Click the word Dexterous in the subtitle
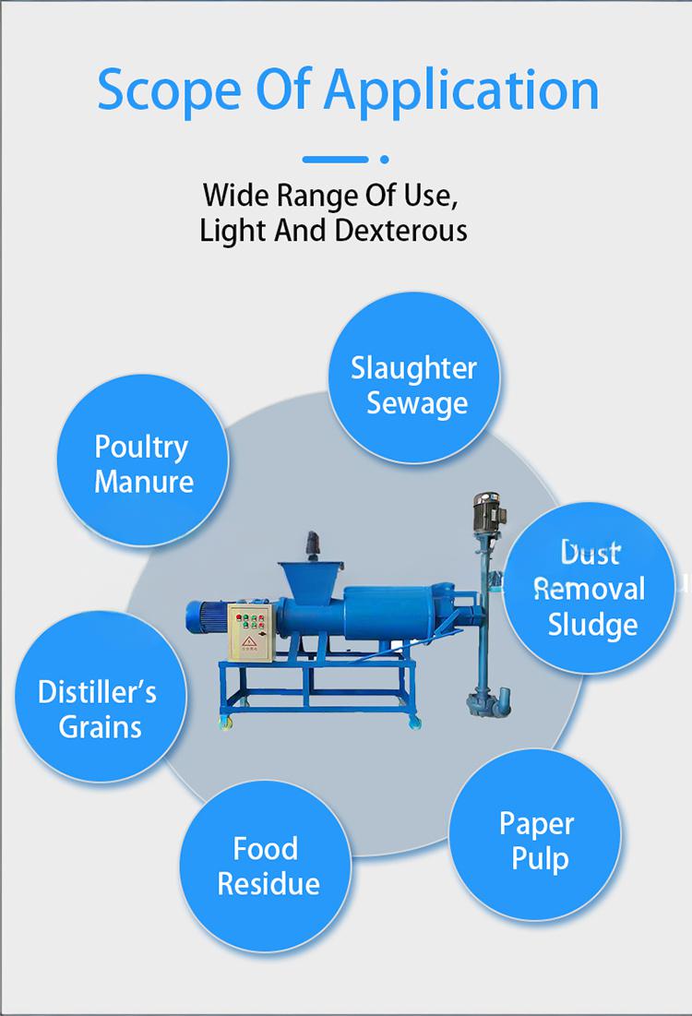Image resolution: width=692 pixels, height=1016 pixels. [400, 230]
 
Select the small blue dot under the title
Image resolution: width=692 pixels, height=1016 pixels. [384, 159]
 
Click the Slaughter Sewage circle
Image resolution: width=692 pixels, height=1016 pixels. [414, 377]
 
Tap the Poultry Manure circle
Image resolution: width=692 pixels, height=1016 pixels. [143, 460]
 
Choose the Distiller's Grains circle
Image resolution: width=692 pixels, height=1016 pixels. [101, 697]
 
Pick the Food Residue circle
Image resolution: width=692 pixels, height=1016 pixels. [266, 867]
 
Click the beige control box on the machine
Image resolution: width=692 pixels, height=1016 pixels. [251, 632]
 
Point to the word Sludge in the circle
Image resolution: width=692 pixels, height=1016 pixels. [593, 625]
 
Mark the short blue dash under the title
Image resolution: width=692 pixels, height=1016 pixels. [336, 159]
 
